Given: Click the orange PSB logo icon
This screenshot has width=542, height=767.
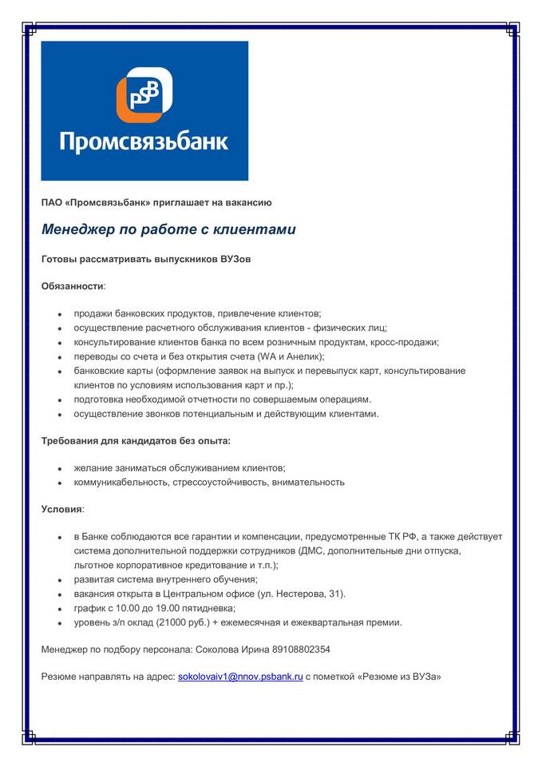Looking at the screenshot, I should tap(144, 95).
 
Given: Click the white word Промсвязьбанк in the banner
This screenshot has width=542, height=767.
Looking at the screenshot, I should tap(144, 142).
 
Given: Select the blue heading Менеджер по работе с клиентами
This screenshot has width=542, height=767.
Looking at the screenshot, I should tap(168, 229).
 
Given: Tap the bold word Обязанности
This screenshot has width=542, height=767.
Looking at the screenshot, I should tap(73, 285).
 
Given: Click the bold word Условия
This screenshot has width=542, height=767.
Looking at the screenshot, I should tap(62, 508).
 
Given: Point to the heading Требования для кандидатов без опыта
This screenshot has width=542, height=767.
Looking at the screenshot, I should tap(136, 440).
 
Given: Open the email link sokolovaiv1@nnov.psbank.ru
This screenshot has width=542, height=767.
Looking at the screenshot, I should tap(239, 676).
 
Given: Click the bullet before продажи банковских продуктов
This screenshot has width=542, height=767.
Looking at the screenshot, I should tap(61, 314).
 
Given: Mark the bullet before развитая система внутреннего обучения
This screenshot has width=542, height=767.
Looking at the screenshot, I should tap(61, 580).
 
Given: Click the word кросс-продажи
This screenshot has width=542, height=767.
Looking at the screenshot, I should tap(404, 342).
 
